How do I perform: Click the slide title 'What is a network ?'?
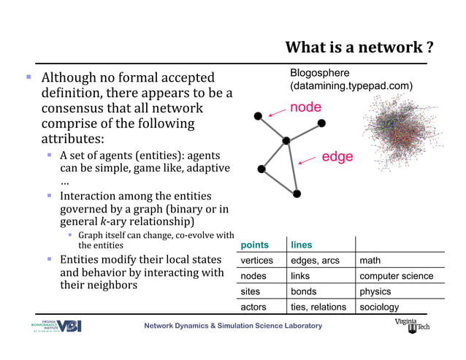[360, 48]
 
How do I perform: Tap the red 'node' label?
[305, 107]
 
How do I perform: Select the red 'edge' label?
[337, 157]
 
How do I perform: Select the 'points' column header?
[254, 245]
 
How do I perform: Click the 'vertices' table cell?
[256, 261]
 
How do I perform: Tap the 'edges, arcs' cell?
[315, 261]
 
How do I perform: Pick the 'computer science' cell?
[396, 276]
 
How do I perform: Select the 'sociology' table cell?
[379, 307]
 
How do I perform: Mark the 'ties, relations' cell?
[318, 307]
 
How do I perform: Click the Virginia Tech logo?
[413, 325]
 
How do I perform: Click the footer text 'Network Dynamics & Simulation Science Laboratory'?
[232, 326]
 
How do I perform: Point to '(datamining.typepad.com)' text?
[351, 86]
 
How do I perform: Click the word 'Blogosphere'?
[319, 73]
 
